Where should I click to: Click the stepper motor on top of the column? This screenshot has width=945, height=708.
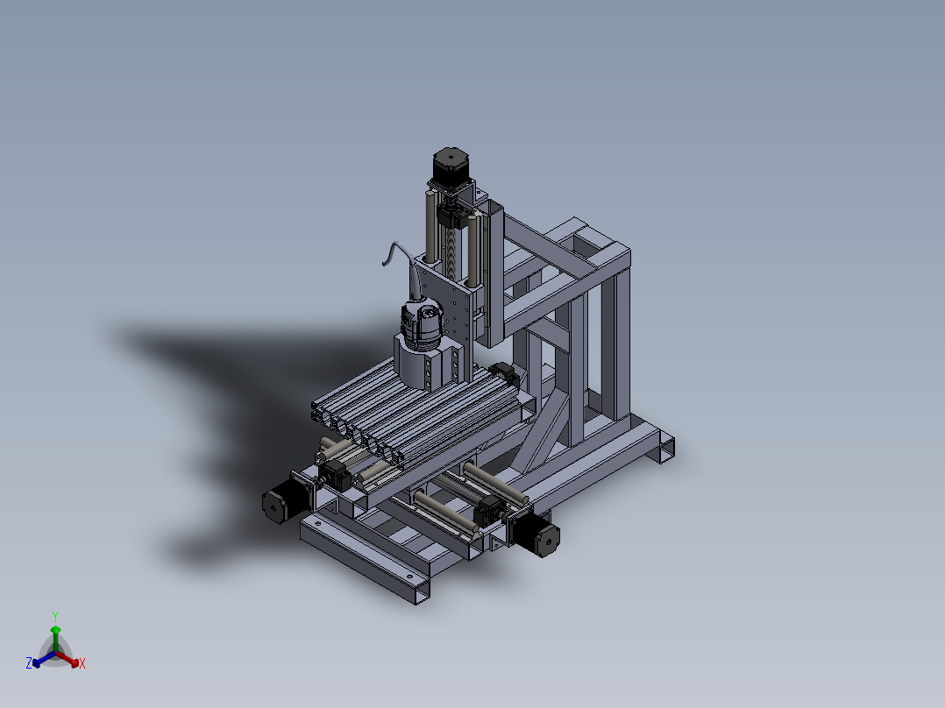[x=451, y=166]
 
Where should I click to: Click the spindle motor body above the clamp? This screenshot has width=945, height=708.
[x=422, y=324]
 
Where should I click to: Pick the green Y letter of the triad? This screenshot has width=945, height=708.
[x=55, y=617]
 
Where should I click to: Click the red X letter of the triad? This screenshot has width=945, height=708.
[x=82, y=663]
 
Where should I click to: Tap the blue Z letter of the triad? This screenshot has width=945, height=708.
[x=29, y=662]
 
